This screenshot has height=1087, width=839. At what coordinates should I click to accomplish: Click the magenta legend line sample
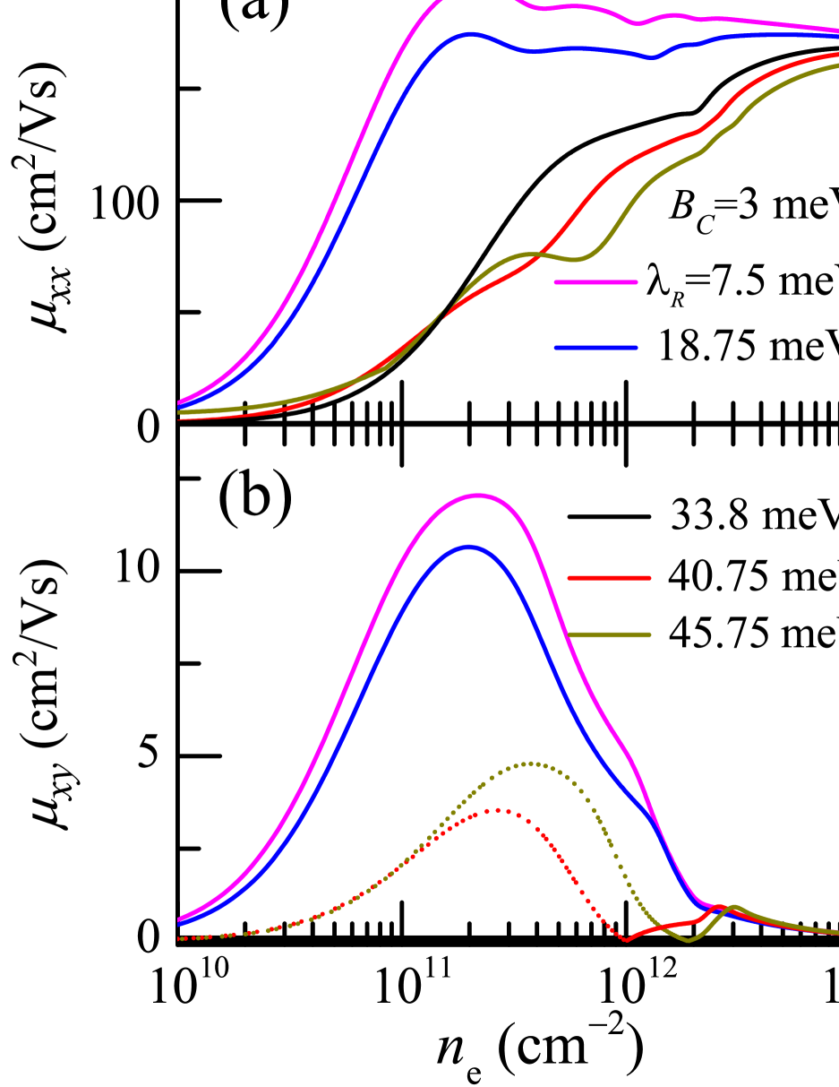(x=595, y=282)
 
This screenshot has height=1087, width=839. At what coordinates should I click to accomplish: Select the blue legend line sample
(x=595, y=348)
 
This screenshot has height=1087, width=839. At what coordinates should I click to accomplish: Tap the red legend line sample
(x=609, y=578)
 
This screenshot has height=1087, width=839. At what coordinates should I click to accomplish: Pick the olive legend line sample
(x=609, y=634)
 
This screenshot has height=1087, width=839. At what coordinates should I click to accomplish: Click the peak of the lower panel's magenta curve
(x=479, y=495)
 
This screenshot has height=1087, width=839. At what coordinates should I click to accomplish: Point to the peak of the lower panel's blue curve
(x=469, y=547)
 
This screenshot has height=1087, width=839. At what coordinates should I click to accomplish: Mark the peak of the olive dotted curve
(x=532, y=763)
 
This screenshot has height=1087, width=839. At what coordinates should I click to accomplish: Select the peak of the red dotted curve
(x=498, y=810)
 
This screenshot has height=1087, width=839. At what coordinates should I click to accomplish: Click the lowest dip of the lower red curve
(x=626, y=940)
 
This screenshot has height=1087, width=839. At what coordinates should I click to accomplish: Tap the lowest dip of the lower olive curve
(x=688, y=940)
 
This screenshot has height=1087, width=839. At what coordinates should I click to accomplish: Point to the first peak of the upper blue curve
(x=470, y=34)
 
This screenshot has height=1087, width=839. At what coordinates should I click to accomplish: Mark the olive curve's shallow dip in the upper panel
(x=578, y=260)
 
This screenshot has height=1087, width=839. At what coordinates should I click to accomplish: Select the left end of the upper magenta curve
(x=179, y=402)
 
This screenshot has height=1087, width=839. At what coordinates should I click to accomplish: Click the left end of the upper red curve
(x=179, y=418)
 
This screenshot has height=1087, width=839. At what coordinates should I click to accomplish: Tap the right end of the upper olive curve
(x=837, y=65)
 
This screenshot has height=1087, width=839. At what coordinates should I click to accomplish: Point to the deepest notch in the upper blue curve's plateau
(x=652, y=58)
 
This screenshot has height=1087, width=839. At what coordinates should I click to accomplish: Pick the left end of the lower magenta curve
(x=179, y=919)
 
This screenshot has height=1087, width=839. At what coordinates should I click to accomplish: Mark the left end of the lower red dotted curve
(x=179, y=938)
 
